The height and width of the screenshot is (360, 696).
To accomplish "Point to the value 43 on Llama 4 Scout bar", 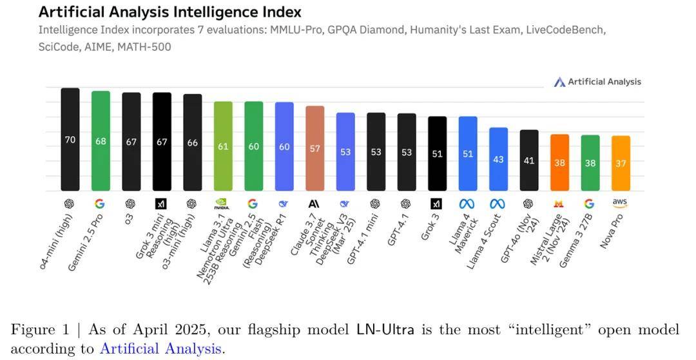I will [x=498, y=159].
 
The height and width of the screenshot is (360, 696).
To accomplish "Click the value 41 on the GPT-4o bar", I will [x=529, y=160].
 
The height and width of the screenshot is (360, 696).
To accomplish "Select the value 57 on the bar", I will [x=314, y=149].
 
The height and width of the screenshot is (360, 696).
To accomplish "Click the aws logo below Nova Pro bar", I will [x=621, y=203].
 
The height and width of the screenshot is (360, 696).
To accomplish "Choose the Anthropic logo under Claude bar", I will [x=314, y=204].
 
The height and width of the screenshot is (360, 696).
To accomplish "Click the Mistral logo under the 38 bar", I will [x=559, y=204].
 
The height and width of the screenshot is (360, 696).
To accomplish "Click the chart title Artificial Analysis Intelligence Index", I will [x=169, y=12].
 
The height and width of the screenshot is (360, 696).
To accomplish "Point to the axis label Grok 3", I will [x=431, y=226].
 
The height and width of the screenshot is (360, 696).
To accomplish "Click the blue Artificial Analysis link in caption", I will [x=160, y=349].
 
